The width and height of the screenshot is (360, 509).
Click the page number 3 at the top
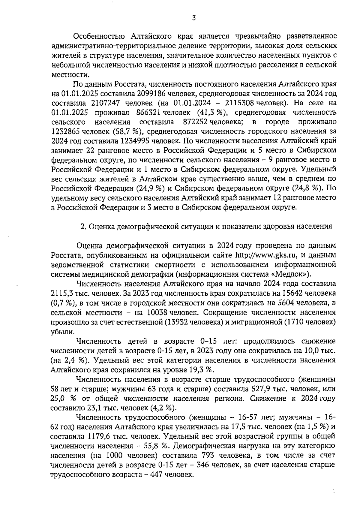[194, 18]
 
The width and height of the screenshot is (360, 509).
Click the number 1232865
[66, 131]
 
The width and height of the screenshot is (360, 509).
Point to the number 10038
[157, 312]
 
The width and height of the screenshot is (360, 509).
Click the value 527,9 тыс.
[264, 389]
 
